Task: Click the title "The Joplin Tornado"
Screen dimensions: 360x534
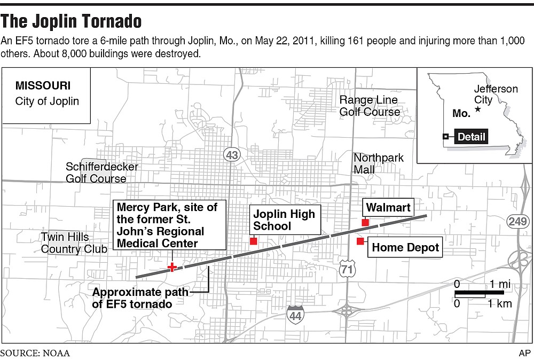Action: click(x=71, y=21)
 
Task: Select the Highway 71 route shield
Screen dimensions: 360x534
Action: click(x=347, y=270)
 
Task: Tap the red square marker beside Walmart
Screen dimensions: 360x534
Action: click(x=365, y=222)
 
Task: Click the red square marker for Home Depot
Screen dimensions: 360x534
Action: click(x=360, y=241)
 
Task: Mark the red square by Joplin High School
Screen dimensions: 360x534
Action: click(x=254, y=241)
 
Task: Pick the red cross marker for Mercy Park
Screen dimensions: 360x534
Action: click(x=172, y=267)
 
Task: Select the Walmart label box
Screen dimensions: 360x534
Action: click(x=388, y=207)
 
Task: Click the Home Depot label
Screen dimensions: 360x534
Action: click(x=405, y=247)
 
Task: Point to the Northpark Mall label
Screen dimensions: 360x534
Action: click(x=378, y=163)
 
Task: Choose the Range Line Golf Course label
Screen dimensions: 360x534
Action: click(x=370, y=106)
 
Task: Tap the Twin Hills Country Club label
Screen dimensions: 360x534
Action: click(x=65, y=242)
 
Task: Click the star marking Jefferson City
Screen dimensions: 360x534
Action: click(x=478, y=109)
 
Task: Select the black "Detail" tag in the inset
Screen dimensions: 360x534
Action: click(x=471, y=137)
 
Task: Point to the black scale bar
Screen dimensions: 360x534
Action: click(x=478, y=293)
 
